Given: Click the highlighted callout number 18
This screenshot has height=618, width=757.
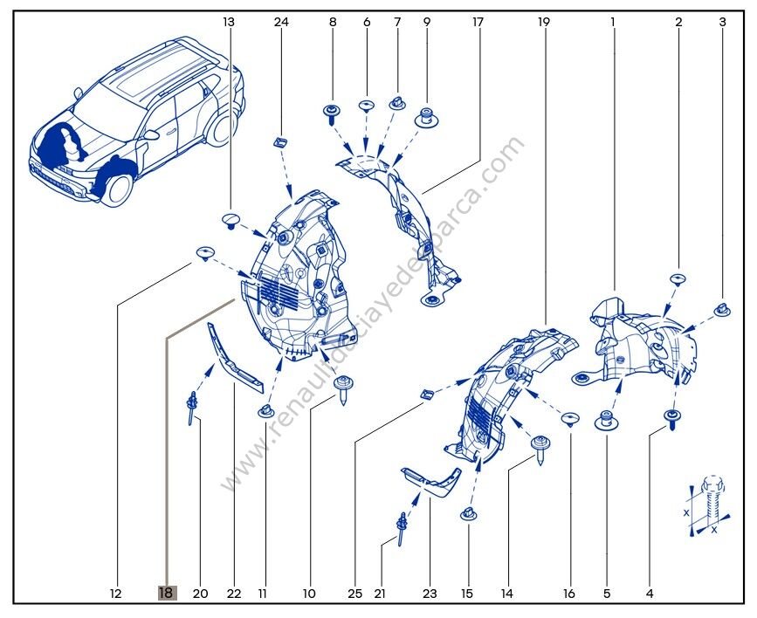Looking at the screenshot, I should tap(166, 594).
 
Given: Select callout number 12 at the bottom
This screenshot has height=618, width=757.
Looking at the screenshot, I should tap(115, 594).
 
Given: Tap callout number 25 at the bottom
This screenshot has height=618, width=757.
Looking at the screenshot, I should tap(354, 594).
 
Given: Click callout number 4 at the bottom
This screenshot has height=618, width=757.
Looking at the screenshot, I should tap(650, 594).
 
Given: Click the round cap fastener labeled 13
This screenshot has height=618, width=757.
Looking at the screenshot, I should tap(231, 218).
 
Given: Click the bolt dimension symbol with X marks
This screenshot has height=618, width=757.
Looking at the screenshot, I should tap(706, 505).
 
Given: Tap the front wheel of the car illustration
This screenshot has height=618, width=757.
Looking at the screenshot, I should tap(118, 186).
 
